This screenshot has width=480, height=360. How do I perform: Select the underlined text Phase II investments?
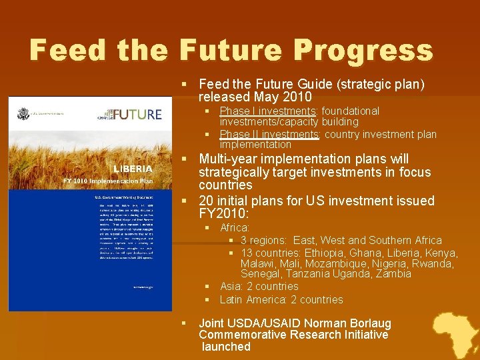click(x=269, y=134)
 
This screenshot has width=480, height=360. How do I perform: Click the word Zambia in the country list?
click(x=393, y=274)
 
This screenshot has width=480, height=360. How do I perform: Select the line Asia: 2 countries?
click(x=259, y=286)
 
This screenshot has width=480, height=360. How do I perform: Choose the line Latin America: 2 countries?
click(x=281, y=299)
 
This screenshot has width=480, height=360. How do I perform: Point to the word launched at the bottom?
click(x=226, y=347)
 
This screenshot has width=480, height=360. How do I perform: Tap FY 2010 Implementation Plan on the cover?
click(x=108, y=181)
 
